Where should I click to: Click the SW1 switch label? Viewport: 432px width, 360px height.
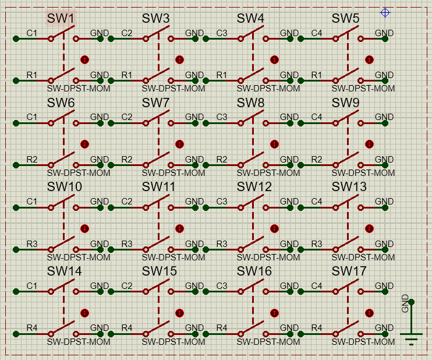(x=61, y=19)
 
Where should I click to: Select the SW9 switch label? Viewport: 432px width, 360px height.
(x=346, y=103)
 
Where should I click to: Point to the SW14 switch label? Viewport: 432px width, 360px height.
(x=64, y=271)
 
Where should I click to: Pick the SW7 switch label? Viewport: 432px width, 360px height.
(x=156, y=103)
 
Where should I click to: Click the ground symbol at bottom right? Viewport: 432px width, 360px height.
(x=412, y=336)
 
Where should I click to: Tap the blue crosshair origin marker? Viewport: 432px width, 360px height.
(x=385, y=13)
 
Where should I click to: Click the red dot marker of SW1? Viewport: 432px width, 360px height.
(x=84, y=59)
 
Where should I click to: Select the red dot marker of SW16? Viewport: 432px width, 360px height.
(x=274, y=313)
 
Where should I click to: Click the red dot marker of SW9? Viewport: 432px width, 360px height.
(x=369, y=144)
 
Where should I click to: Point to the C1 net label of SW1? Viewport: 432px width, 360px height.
(x=32, y=33)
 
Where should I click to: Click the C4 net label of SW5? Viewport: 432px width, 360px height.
(x=317, y=33)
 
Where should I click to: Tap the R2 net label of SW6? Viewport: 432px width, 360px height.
(x=32, y=160)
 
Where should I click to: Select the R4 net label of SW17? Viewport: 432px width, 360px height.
(x=317, y=329)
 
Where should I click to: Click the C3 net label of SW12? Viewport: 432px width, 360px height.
(x=222, y=202)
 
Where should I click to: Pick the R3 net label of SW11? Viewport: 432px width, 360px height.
(x=127, y=244)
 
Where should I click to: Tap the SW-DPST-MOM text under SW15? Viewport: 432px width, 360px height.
(x=173, y=342)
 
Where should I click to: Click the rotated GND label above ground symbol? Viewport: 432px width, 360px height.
(x=405, y=303)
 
